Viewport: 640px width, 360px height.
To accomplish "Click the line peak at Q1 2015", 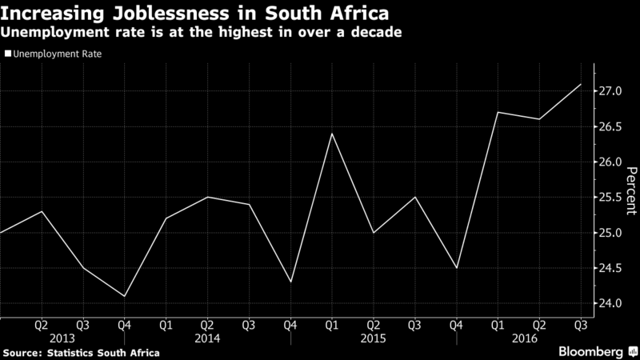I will click(x=331, y=134).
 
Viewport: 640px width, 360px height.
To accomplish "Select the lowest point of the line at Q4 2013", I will click(x=124, y=296).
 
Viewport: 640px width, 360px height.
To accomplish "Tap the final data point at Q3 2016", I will click(x=580, y=84).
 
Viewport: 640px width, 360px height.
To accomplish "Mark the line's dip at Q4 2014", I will click(x=290, y=282).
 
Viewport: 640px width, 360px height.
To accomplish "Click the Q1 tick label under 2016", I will click(x=497, y=326).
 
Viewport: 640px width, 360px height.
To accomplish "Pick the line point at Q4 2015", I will click(x=455, y=268).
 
